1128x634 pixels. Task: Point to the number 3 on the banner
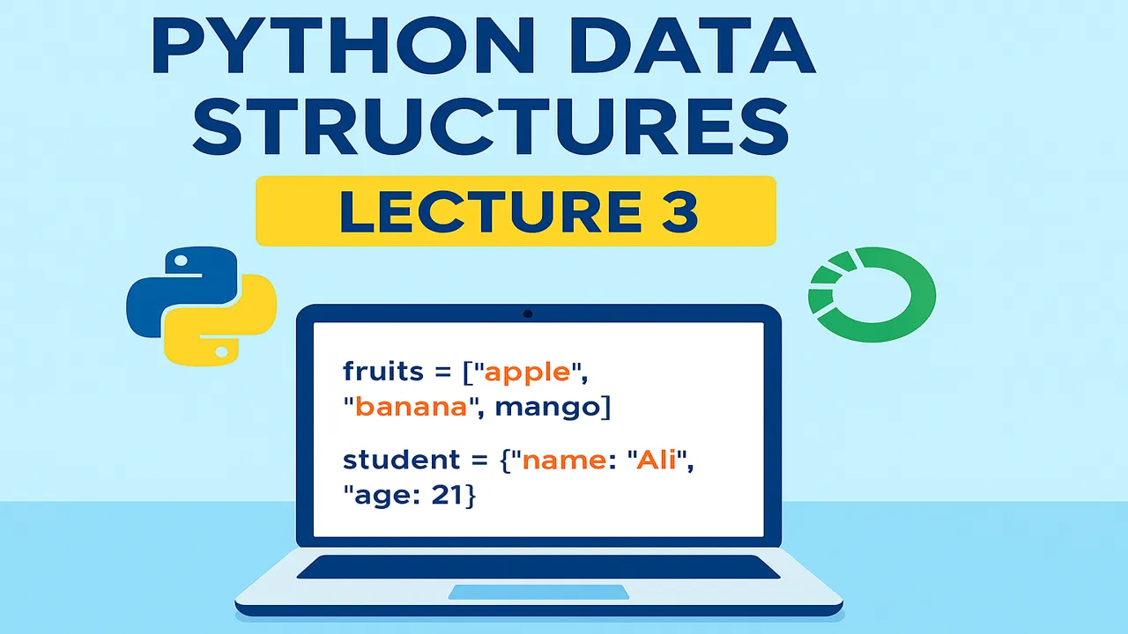tap(679, 212)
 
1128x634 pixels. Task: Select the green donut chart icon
tap(872, 294)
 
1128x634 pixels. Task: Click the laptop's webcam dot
tap(528, 313)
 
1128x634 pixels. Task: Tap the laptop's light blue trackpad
tap(538, 592)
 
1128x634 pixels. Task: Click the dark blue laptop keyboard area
tap(538, 566)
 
